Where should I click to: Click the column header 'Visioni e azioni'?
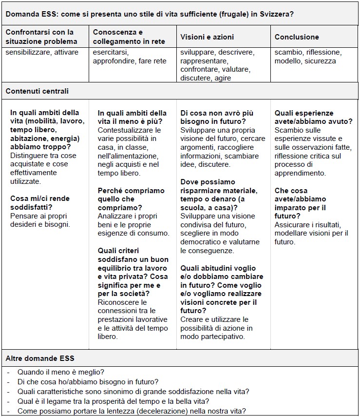[x=207, y=37]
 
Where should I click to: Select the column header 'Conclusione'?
[x=297, y=37]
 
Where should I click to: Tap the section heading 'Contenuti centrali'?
[x=37, y=91]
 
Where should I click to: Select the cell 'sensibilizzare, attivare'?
[x=42, y=53]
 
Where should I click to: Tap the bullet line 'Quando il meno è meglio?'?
[x=61, y=372]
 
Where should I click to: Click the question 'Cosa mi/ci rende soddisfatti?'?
[x=40, y=203]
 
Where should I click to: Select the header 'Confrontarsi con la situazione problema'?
[x=41, y=37]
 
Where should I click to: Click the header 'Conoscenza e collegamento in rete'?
[x=129, y=37]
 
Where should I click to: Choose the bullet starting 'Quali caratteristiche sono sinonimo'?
[x=133, y=392]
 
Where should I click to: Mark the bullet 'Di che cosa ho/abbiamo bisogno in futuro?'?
[x=88, y=382]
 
